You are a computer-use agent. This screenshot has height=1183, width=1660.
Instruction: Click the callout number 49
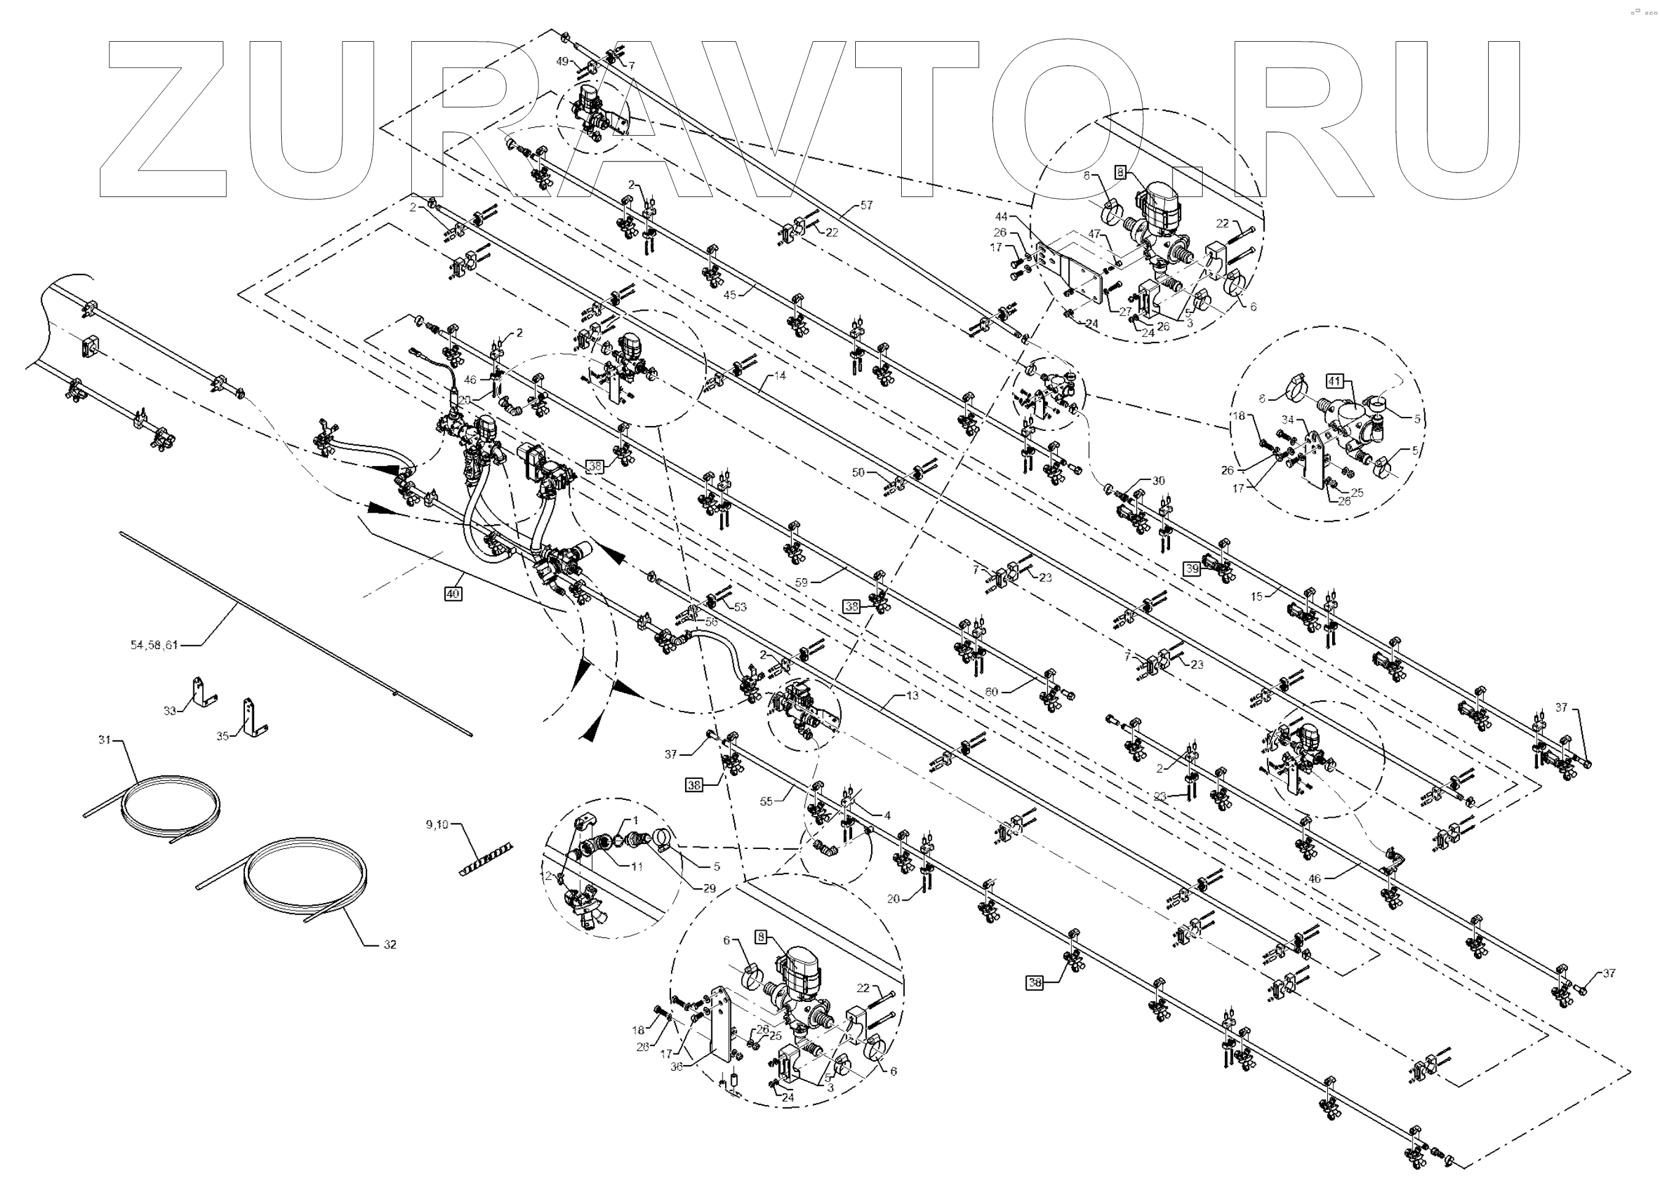click(562, 62)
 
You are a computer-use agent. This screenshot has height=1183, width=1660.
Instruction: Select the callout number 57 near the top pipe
click(866, 206)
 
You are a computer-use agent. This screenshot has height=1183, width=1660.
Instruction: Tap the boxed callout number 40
click(452, 594)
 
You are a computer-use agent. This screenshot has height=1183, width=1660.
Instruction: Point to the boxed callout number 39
click(1192, 569)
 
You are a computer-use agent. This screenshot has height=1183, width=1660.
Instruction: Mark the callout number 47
click(1094, 234)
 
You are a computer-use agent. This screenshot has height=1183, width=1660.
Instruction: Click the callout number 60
click(991, 692)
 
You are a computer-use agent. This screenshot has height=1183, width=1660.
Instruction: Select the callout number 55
click(766, 801)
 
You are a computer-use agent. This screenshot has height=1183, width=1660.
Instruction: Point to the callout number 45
click(730, 294)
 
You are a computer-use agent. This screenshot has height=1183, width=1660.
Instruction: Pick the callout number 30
click(1158, 481)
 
